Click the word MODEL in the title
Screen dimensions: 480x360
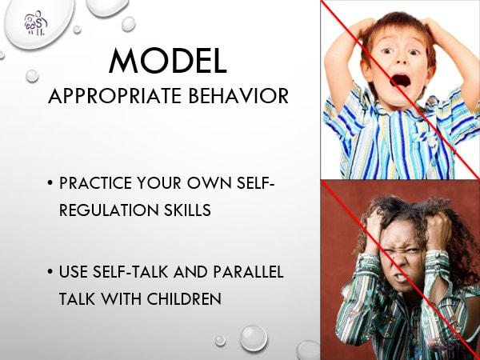[x=168, y=61]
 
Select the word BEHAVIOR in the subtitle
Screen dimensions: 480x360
[x=238, y=96]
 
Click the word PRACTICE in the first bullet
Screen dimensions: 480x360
[x=95, y=183]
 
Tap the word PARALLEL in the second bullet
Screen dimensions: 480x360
[x=248, y=272]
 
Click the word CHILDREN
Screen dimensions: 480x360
[x=184, y=298]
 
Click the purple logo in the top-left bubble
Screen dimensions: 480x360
[x=36, y=23]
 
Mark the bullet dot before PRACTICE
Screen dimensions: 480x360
[x=50, y=183]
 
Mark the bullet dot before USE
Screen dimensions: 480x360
[x=50, y=272]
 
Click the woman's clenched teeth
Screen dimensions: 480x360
[x=401, y=277]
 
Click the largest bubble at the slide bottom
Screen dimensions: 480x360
[x=254, y=338]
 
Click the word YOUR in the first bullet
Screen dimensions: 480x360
[x=159, y=183]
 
